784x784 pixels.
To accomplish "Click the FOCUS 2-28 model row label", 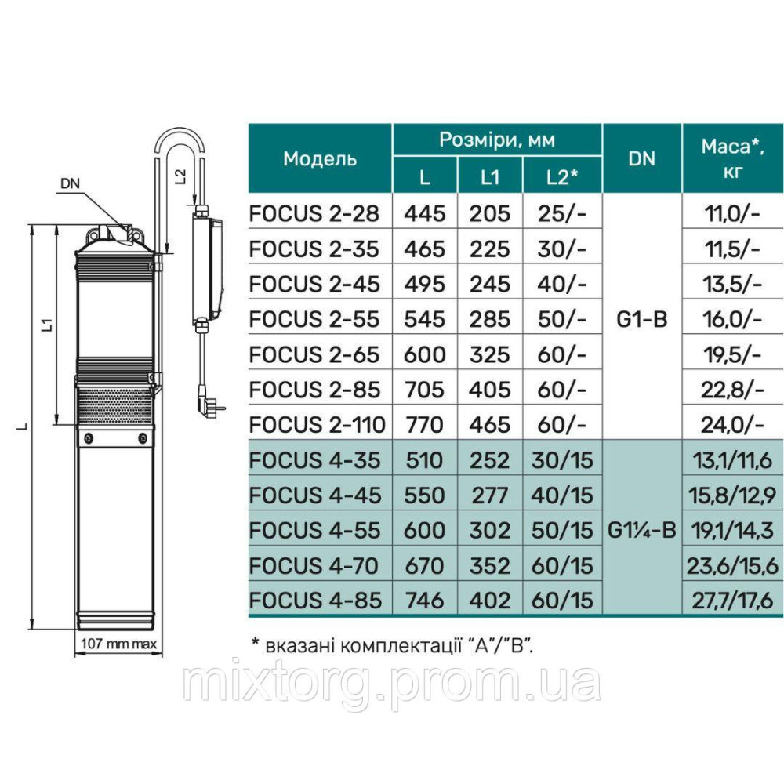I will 314,213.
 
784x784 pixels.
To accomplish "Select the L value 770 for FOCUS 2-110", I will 424,425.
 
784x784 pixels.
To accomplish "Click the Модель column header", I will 320,158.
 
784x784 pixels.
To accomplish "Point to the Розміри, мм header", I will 497,140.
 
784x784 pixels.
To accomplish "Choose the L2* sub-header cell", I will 562,177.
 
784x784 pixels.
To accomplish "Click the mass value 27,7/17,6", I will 733,601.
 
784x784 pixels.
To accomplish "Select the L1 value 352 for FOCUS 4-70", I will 490,565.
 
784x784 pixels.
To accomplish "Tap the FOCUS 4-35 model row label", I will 314,460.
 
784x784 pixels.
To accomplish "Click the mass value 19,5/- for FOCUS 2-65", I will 733,354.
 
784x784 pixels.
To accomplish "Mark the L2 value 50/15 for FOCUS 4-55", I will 562,530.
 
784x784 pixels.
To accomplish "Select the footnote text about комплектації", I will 395,644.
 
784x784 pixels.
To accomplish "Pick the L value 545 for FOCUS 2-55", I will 424,319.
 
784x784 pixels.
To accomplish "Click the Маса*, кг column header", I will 733,158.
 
